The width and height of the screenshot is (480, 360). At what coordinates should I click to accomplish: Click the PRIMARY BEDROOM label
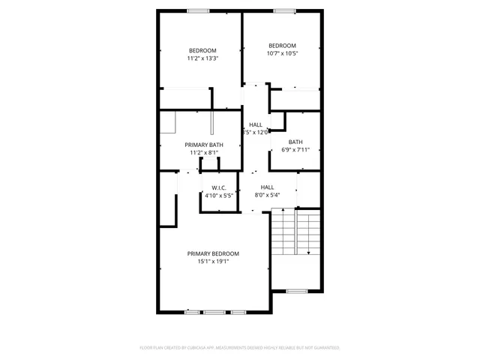pos(213,253)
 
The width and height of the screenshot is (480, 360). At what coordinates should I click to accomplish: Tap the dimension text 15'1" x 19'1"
pos(213,262)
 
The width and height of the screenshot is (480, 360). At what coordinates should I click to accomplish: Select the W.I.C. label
pos(219,187)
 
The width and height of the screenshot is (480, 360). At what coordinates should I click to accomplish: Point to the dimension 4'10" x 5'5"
pos(219,195)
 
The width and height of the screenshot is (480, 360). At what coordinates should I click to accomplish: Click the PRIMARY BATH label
pos(204,145)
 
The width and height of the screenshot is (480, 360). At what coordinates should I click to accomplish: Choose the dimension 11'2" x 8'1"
pos(204,153)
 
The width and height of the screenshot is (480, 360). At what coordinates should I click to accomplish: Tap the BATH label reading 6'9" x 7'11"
pos(295,142)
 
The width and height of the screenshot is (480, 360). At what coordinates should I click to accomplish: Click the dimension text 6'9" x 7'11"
pos(295,149)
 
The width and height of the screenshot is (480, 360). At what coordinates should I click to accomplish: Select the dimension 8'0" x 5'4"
pos(267,195)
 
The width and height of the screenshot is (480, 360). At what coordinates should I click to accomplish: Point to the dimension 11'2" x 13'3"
pos(202,58)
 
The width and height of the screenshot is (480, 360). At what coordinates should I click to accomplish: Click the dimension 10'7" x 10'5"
pos(282,53)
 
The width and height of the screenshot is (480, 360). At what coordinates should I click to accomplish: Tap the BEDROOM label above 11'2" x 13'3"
pos(202,50)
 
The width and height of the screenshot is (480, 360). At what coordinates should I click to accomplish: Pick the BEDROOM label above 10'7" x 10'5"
pos(282,45)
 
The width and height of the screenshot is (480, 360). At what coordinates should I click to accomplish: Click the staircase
pos(296,232)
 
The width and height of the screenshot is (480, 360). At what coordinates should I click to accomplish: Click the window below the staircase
pos(297,290)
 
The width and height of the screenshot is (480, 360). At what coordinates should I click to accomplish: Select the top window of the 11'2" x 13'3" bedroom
pos(198,10)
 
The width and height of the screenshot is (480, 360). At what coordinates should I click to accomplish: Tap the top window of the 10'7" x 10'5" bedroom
pos(283,10)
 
